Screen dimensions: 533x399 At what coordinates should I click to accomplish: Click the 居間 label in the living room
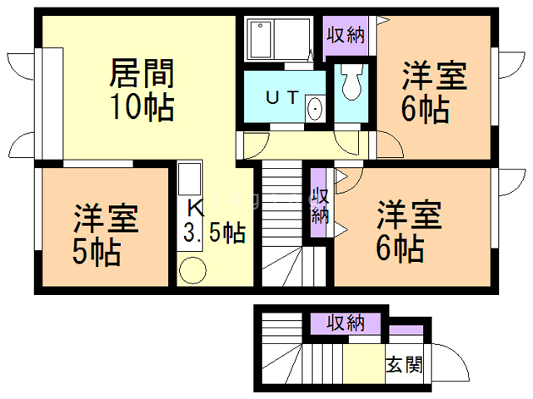(141, 74)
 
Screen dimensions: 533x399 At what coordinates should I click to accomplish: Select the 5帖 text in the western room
(96, 249)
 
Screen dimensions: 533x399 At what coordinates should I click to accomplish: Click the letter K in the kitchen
(192, 208)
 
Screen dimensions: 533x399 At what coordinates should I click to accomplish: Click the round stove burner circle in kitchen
(192, 269)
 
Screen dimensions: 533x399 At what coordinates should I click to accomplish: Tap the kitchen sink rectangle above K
(189, 180)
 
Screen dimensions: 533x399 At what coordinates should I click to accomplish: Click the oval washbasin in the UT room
(315, 109)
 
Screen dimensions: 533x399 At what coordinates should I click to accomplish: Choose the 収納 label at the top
(346, 35)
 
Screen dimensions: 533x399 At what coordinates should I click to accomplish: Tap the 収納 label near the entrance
(346, 322)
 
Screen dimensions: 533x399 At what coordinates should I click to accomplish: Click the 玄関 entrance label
(404, 364)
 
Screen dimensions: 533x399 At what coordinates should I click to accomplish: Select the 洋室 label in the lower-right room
(407, 214)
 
